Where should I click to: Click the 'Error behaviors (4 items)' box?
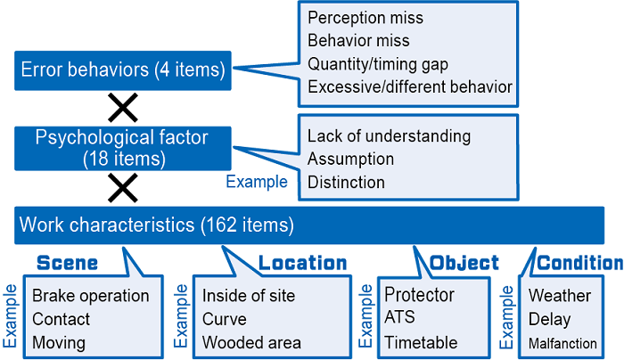click(x=123, y=70)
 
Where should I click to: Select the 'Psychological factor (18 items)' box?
click(x=123, y=149)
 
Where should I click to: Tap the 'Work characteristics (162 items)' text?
click(x=156, y=225)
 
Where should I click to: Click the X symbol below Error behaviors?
click(x=123, y=108)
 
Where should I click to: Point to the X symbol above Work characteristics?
click(x=123, y=188)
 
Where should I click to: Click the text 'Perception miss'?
click(x=365, y=19)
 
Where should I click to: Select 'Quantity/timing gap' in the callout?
click(x=378, y=64)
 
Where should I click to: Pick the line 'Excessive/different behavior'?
click(x=410, y=87)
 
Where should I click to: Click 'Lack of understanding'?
click(x=389, y=136)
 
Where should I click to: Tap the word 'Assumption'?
click(x=350, y=160)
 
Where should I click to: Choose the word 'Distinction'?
click(x=346, y=183)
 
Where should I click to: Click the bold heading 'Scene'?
click(x=67, y=264)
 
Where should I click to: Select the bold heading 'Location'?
click(x=303, y=264)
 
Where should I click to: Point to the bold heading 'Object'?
click(x=464, y=264)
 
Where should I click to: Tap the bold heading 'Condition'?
click(x=579, y=264)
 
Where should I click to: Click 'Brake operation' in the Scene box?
click(x=91, y=297)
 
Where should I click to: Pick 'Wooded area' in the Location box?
click(x=251, y=343)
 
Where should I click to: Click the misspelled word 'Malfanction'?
click(x=562, y=343)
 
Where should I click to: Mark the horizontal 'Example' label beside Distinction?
click(x=257, y=182)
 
